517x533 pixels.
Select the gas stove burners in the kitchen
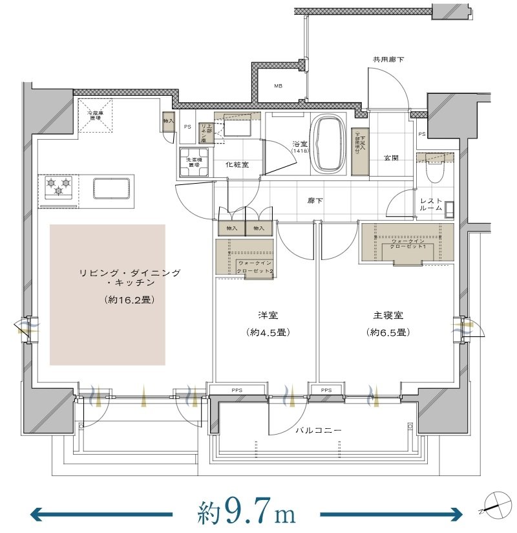tap(58, 187)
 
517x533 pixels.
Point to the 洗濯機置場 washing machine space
tap(192, 162)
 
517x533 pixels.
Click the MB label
tap(278, 86)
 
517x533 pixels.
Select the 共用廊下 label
tap(388, 60)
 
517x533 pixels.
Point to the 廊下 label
tap(315, 201)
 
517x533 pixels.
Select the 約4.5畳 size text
tap(267, 332)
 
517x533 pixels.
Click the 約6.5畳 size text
tap(388, 332)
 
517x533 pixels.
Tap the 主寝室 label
tap(388, 316)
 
